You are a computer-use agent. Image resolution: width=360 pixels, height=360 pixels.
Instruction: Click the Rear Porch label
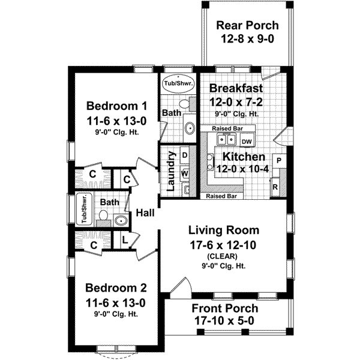(247, 25)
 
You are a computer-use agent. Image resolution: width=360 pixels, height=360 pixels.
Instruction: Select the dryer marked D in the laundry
(185, 155)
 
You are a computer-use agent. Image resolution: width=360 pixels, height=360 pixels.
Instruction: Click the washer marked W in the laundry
(185, 173)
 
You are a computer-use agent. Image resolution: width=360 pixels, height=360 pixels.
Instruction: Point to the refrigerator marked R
(275, 187)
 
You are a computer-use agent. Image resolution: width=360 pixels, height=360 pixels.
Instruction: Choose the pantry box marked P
(279, 161)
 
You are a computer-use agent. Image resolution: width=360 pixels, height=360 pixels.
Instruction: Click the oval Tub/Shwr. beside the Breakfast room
(178, 83)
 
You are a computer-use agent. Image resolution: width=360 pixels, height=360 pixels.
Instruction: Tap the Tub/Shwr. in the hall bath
(84, 209)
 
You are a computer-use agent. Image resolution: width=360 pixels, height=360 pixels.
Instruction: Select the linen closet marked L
(124, 240)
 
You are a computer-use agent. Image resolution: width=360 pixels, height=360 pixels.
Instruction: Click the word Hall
(145, 213)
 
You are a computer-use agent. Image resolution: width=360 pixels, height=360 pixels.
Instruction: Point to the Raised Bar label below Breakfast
(227, 128)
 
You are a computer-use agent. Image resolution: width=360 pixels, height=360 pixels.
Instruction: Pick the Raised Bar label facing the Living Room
(221, 196)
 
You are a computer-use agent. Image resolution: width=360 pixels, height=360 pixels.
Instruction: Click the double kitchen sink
(226, 139)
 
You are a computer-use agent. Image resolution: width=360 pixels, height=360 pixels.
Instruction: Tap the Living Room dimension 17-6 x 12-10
(223, 245)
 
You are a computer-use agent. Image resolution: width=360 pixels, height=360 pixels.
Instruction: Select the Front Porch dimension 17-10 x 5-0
(224, 321)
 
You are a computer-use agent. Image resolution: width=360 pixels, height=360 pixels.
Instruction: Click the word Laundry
(171, 171)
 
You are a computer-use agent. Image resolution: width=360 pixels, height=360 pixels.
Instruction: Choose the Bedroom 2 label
(116, 287)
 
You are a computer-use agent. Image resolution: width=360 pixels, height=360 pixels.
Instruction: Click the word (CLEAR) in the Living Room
(222, 256)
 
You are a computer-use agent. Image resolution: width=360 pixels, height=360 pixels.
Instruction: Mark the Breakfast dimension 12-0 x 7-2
(236, 102)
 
